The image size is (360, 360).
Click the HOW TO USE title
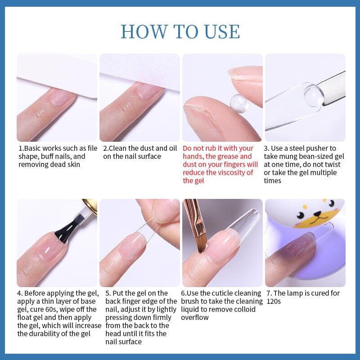tap(180, 31)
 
